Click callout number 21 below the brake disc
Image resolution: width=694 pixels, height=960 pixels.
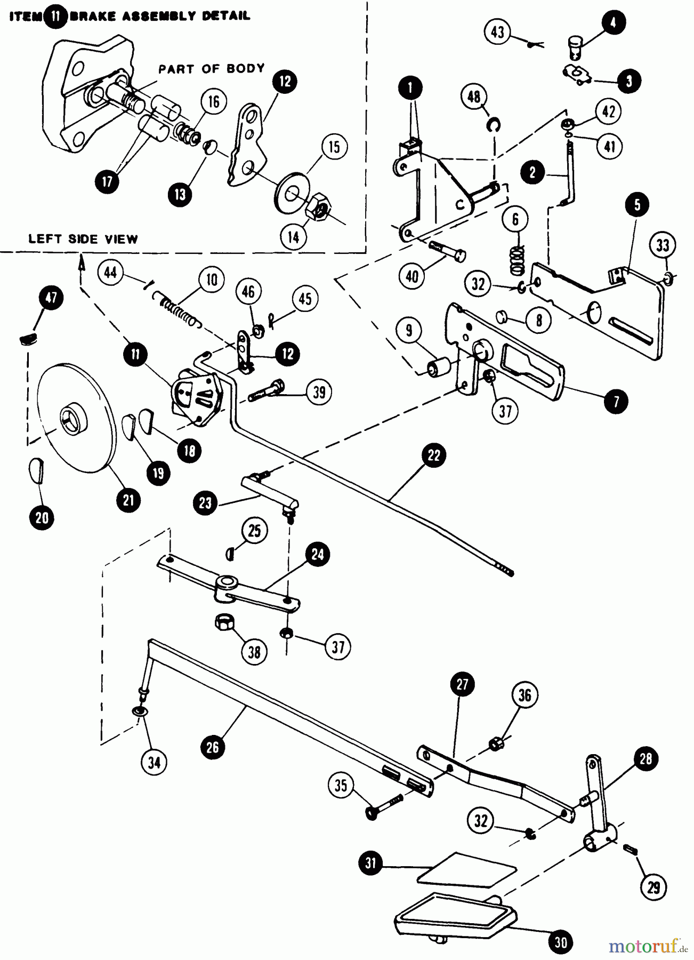[x=128, y=500]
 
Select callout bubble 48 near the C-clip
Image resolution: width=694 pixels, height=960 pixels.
[x=474, y=97]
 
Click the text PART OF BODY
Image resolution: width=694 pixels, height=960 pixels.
[x=211, y=69]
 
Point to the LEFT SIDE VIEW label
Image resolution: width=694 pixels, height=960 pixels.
[x=83, y=239]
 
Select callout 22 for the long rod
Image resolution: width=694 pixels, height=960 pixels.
[x=434, y=455]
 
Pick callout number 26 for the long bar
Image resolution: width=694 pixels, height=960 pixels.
[x=213, y=747]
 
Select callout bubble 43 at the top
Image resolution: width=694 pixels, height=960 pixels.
[x=497, y=32]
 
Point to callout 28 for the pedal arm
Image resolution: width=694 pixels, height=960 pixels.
[x=645, y=759]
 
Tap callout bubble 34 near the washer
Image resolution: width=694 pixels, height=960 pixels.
[x=154, y=763]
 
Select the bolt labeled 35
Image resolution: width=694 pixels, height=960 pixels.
[x=383, y=805]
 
